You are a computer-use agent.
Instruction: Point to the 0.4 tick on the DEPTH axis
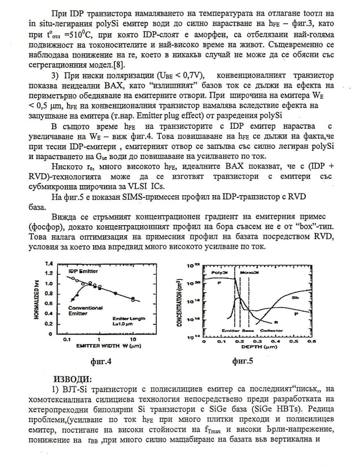click(276, 341)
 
